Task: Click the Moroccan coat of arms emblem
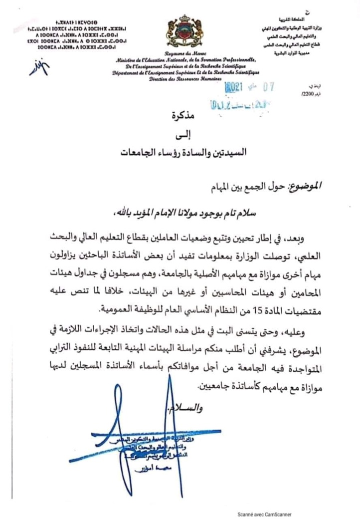click(x=180, y=31)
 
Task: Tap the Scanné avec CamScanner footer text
click(x=264, y=514)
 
